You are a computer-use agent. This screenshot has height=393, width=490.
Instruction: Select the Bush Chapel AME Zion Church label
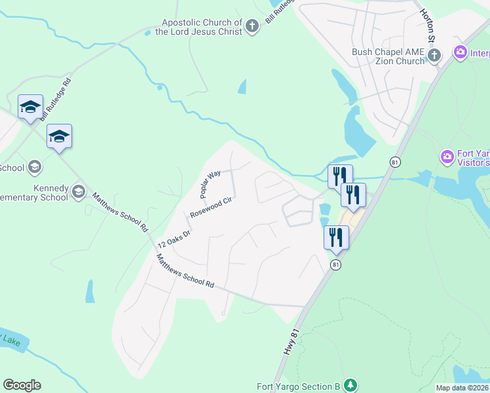388,56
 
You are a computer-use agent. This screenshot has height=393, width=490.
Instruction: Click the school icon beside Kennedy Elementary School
79,191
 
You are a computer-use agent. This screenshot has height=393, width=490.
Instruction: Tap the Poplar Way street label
210,185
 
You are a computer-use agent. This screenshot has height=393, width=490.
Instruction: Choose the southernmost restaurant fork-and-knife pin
337,237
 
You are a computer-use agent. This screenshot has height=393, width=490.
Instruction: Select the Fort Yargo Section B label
298,386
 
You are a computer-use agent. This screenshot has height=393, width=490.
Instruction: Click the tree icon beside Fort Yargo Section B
352,384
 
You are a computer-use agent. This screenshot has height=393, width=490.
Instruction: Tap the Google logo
22,385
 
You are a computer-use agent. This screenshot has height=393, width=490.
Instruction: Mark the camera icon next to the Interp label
461,52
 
